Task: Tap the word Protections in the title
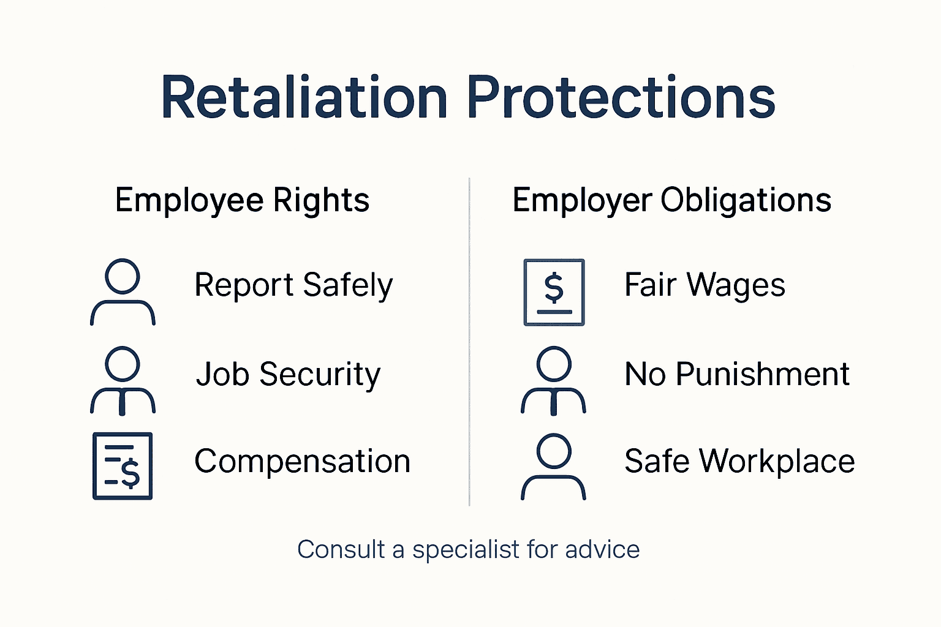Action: click(621, 98)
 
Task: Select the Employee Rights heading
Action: click(242, 200)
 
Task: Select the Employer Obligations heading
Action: click(671, 200)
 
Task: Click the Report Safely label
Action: click(293, 285)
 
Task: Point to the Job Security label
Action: click(288, 374)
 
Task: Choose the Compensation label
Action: click(302, 461)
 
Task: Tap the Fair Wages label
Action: click(705, 285)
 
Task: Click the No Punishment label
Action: click(737, 374)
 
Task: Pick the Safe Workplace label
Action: click(739, 461)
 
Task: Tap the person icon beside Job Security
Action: click(123, 380)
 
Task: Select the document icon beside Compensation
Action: click(123, 466)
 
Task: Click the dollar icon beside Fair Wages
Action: click(554, 292)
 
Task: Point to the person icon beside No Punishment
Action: click(553, 380)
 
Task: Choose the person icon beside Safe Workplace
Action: click(553, 467)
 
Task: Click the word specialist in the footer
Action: click(466, 550)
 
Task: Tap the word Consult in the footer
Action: click(341, 550)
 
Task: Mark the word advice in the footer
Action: click(602, 550)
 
